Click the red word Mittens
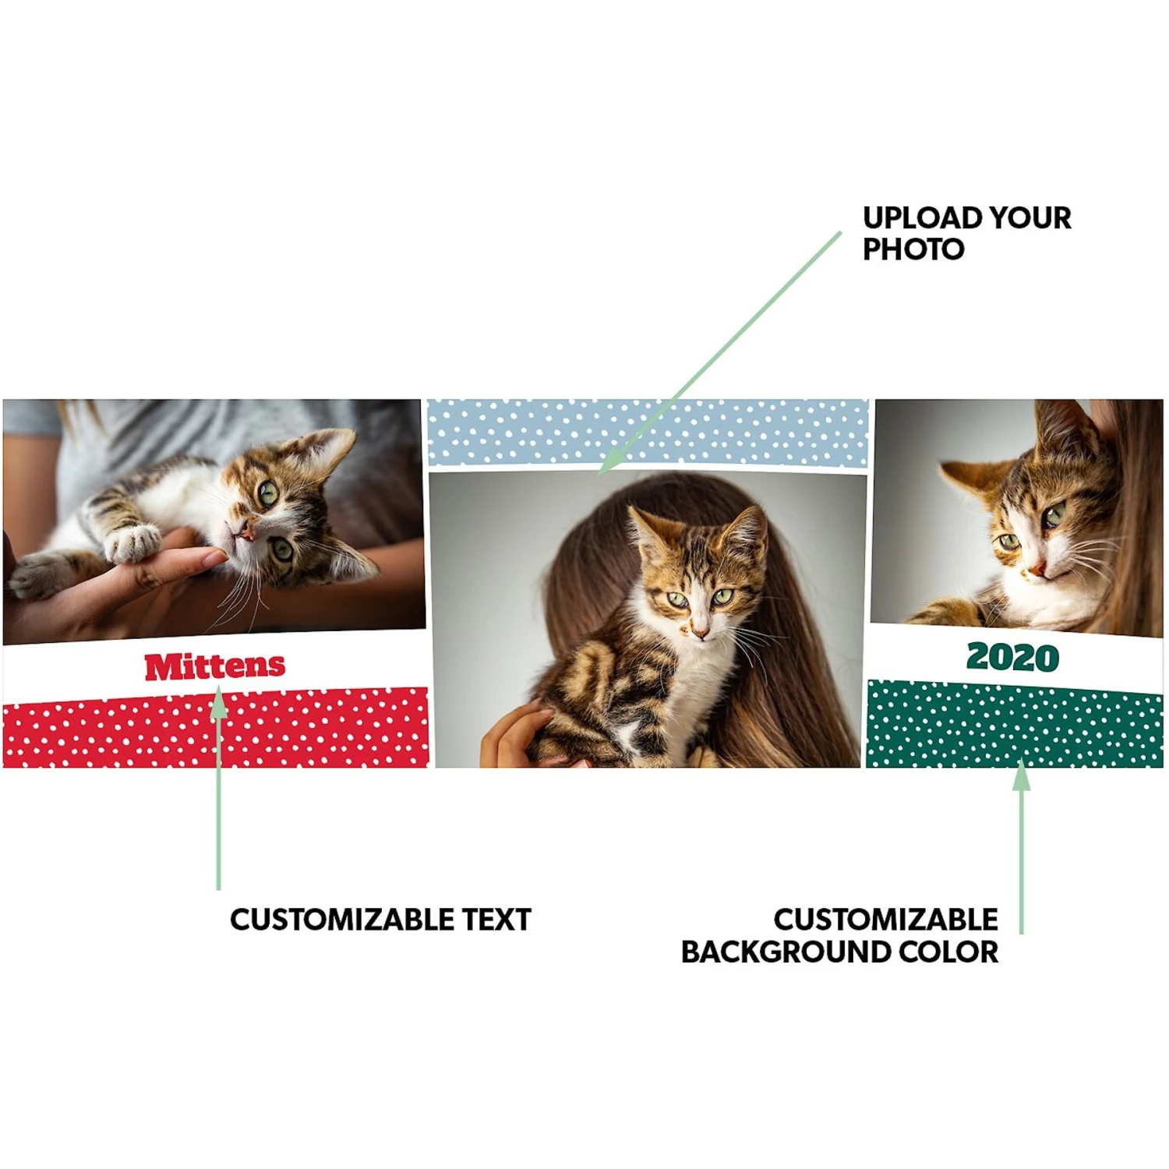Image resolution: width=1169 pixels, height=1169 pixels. pos(215,666)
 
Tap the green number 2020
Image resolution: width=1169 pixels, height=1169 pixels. pos(1012,657)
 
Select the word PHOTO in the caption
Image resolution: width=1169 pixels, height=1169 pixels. pos(913,249)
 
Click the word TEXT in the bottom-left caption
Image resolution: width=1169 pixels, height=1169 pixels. pos(496,920)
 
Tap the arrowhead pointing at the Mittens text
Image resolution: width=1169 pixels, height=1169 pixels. pos(219,701)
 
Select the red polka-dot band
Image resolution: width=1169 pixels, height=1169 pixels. pos(215,728)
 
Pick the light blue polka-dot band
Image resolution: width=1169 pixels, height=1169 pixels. pos(648,433)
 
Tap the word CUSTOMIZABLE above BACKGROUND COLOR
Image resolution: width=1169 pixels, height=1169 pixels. pos(885,920)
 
